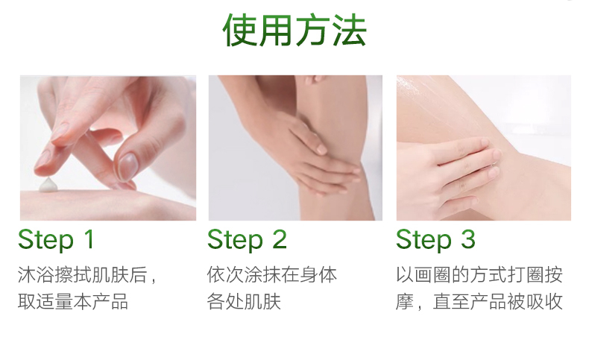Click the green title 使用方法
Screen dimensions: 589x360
[x=294, y=30]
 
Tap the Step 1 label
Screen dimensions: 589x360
[x=56, y=240]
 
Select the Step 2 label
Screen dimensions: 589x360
[x=248, y=240]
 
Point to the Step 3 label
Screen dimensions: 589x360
[x=435, y=240]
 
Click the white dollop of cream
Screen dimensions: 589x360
[x=48, y=185]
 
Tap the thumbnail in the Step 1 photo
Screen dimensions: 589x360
[x=127, y=167]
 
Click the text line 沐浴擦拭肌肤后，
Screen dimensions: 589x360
[x=86, y=275]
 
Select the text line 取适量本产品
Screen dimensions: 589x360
[x=73, y=302]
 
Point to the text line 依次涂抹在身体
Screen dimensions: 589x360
[x=272, y=275]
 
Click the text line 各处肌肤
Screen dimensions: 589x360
[x=244, y=302]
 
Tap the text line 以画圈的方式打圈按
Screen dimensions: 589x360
[x=479, y=275]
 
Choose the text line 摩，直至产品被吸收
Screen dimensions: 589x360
[x=479, y=302]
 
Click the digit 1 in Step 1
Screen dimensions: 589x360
[x=89, y=239]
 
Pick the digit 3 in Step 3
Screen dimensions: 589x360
[x=468, y=239]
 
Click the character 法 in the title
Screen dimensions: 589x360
[x=350, y=30]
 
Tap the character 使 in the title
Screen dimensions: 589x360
[x=239, y=30]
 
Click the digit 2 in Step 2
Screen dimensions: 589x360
[x=280, y=239]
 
